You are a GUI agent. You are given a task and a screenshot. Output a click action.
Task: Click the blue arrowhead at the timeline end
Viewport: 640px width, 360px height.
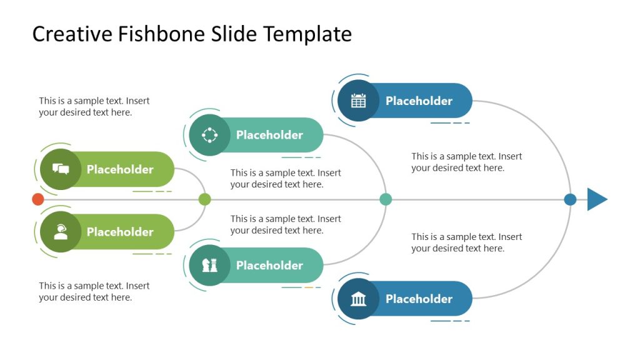point(596,199)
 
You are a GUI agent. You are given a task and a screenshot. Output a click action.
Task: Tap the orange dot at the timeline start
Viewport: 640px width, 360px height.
point(38,199)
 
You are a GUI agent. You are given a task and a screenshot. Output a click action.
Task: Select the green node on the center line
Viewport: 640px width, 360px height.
point(204,199)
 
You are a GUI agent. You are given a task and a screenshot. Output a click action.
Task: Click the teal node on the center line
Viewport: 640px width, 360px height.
point(386,199)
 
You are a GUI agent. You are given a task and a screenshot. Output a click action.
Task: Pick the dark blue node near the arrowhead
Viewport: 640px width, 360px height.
point(570,199)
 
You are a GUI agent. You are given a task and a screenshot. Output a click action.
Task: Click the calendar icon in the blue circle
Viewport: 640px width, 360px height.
point(358,101)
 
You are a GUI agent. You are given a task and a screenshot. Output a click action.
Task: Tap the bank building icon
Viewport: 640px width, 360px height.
point(358,299)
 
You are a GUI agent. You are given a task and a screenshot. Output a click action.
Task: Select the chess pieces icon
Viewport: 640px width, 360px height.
point(209,266)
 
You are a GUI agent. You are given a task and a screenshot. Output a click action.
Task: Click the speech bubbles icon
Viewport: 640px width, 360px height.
point(61,169)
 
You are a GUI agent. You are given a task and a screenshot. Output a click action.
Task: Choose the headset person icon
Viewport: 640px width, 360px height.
point(61,232)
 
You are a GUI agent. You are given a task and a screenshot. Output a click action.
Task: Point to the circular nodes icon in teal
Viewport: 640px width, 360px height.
point(209,135)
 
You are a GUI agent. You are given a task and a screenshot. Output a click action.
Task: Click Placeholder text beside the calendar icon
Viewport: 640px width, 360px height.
point(419,101)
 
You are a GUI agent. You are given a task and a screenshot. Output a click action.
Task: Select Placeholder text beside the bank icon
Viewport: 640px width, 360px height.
point(419,299)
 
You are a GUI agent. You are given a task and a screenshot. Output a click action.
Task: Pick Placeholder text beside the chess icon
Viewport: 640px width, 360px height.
point(269,265)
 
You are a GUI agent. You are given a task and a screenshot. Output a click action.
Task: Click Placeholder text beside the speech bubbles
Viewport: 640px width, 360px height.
point(120,169)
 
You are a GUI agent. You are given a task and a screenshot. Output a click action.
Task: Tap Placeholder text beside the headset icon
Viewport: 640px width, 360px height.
point(120,232)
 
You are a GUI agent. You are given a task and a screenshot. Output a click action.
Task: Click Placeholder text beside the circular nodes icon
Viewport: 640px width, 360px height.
point(269,135)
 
